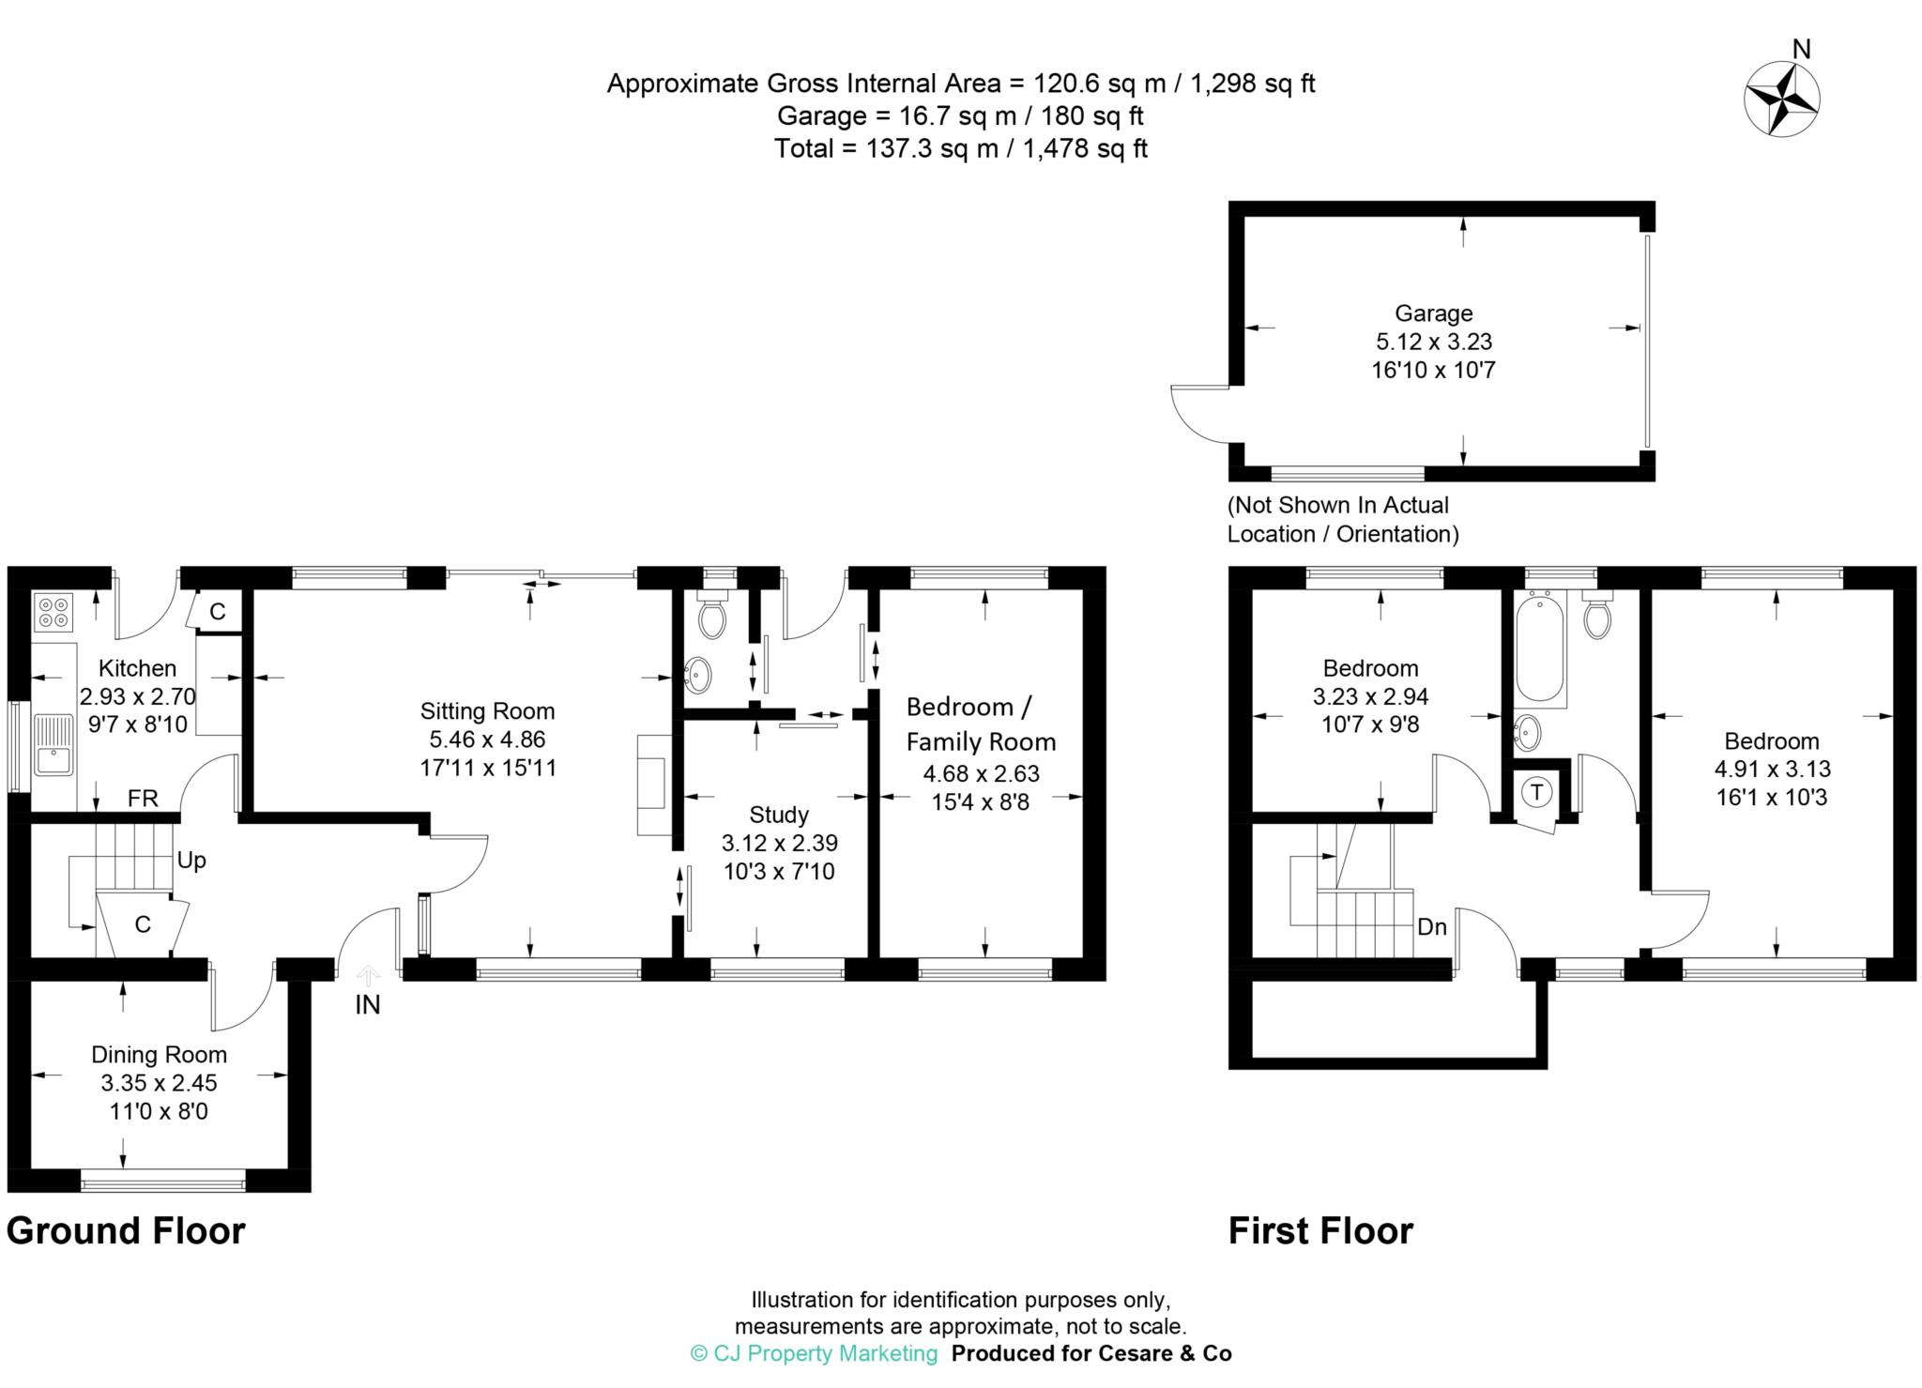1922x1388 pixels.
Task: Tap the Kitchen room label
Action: click(137, 668)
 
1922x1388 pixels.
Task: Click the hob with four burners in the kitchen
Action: click(53, 613)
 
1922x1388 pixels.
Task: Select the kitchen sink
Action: click(53, 745)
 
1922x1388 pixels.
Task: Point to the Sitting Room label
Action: click(487, 711)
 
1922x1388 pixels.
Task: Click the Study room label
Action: click(779, 815)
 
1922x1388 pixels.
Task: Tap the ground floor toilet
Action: click(713, 614)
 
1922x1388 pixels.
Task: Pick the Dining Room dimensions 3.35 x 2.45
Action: click(160, 1083)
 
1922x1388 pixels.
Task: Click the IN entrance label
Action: click(368, 1005)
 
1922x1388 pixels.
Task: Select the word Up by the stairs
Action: click(191, 861)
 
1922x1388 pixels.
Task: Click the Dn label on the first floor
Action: click(1432, 927)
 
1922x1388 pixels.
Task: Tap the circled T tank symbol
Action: click(1537, 793)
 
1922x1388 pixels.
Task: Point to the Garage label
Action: click(1433, 313)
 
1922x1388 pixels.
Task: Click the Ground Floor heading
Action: click(126, 1230)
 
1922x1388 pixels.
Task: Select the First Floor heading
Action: click(1320, 1230)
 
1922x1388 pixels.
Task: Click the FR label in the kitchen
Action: click(143, 799)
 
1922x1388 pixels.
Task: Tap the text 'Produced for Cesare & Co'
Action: click(1091, 1353)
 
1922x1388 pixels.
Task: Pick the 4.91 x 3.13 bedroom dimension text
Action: click(1772, 769)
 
